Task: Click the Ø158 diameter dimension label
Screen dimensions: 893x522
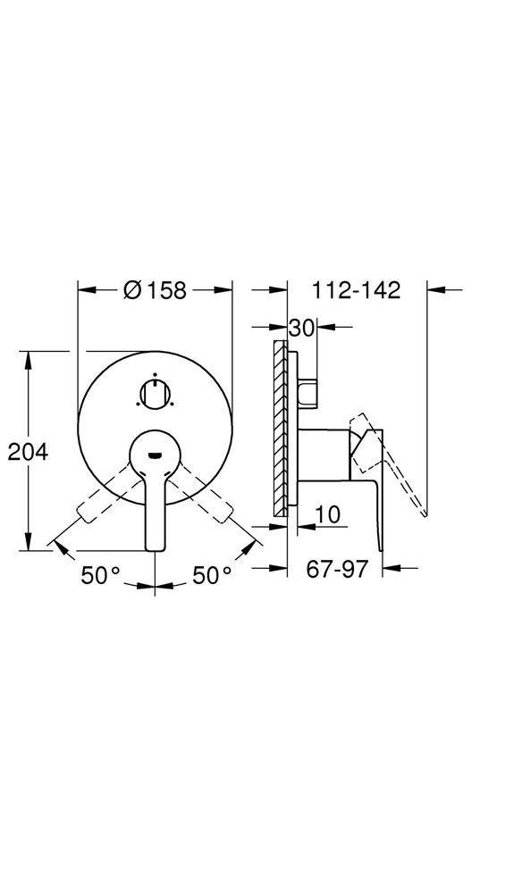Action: (156, 290)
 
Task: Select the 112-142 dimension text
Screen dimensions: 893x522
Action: (357, 290)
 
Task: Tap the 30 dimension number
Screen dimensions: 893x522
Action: (301, 329)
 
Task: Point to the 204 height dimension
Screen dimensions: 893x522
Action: (28, 452)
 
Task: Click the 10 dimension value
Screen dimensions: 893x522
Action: (328, 514)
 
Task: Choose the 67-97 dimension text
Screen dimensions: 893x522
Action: (337, 570)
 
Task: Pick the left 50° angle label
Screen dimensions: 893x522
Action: (100, 576)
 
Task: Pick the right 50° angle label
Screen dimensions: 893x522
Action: (212, 576)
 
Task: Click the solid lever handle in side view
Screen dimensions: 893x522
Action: (374, 500)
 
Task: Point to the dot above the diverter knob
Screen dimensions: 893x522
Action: (156, 375)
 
